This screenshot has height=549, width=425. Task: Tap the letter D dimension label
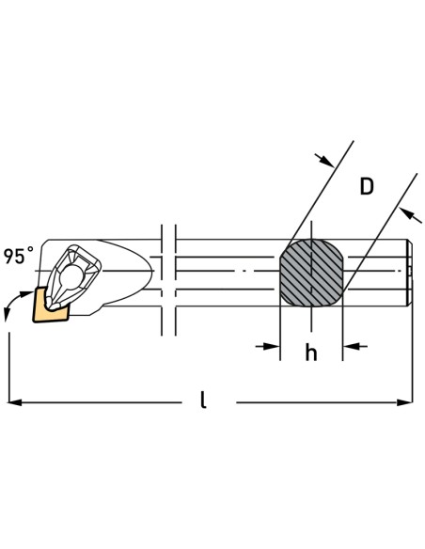367,186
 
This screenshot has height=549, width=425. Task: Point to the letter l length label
203,400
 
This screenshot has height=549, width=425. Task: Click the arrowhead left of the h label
274,347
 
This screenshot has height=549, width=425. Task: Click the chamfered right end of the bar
409,272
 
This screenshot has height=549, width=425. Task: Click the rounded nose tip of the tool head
151,270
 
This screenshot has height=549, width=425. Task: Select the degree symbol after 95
32,250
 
